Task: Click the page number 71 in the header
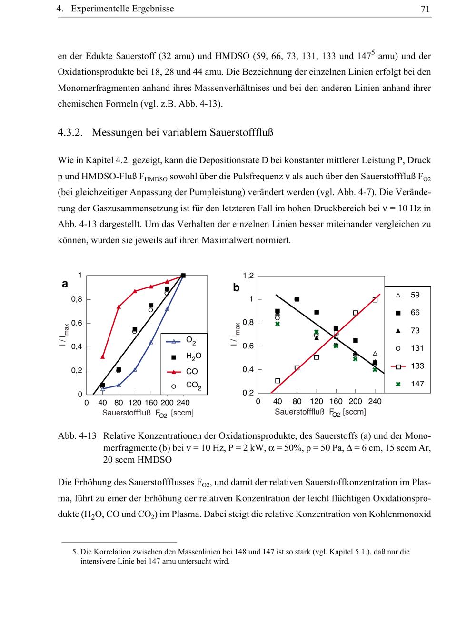pyautogui.click(x=426, y=9)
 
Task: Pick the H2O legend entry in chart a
pyautogui.click(x=193, y=356)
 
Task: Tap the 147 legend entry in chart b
pyautogui.click(x=417, y=384)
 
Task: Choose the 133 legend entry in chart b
pyautogui.click(x=417, y=366)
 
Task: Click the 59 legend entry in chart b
pyautogui.click(x=415, y=295)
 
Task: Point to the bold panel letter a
pyautogui.click(x=65, y=284)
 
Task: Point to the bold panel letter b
pyautogui.click(x=236, y=288)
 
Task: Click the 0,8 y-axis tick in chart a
pyautogui.click(x=77, y=299)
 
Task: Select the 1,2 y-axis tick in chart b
pyautogui.click(x=248, y=276)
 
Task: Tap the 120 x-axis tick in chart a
pyautogui.click(x=135, y=403)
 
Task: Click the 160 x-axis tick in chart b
pyautogui.click(x=336, y=401)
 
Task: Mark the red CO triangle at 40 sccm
pyautogui.click(x=103, y=356)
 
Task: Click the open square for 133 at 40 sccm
pyautogui.click(x=278, y=381)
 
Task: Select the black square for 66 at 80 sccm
pyautogui.click(x=297, y=299)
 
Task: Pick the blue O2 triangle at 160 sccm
pyautogui.click(x=151, y=342)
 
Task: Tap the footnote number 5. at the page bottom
pyautogui.click(x=75, y=552)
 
